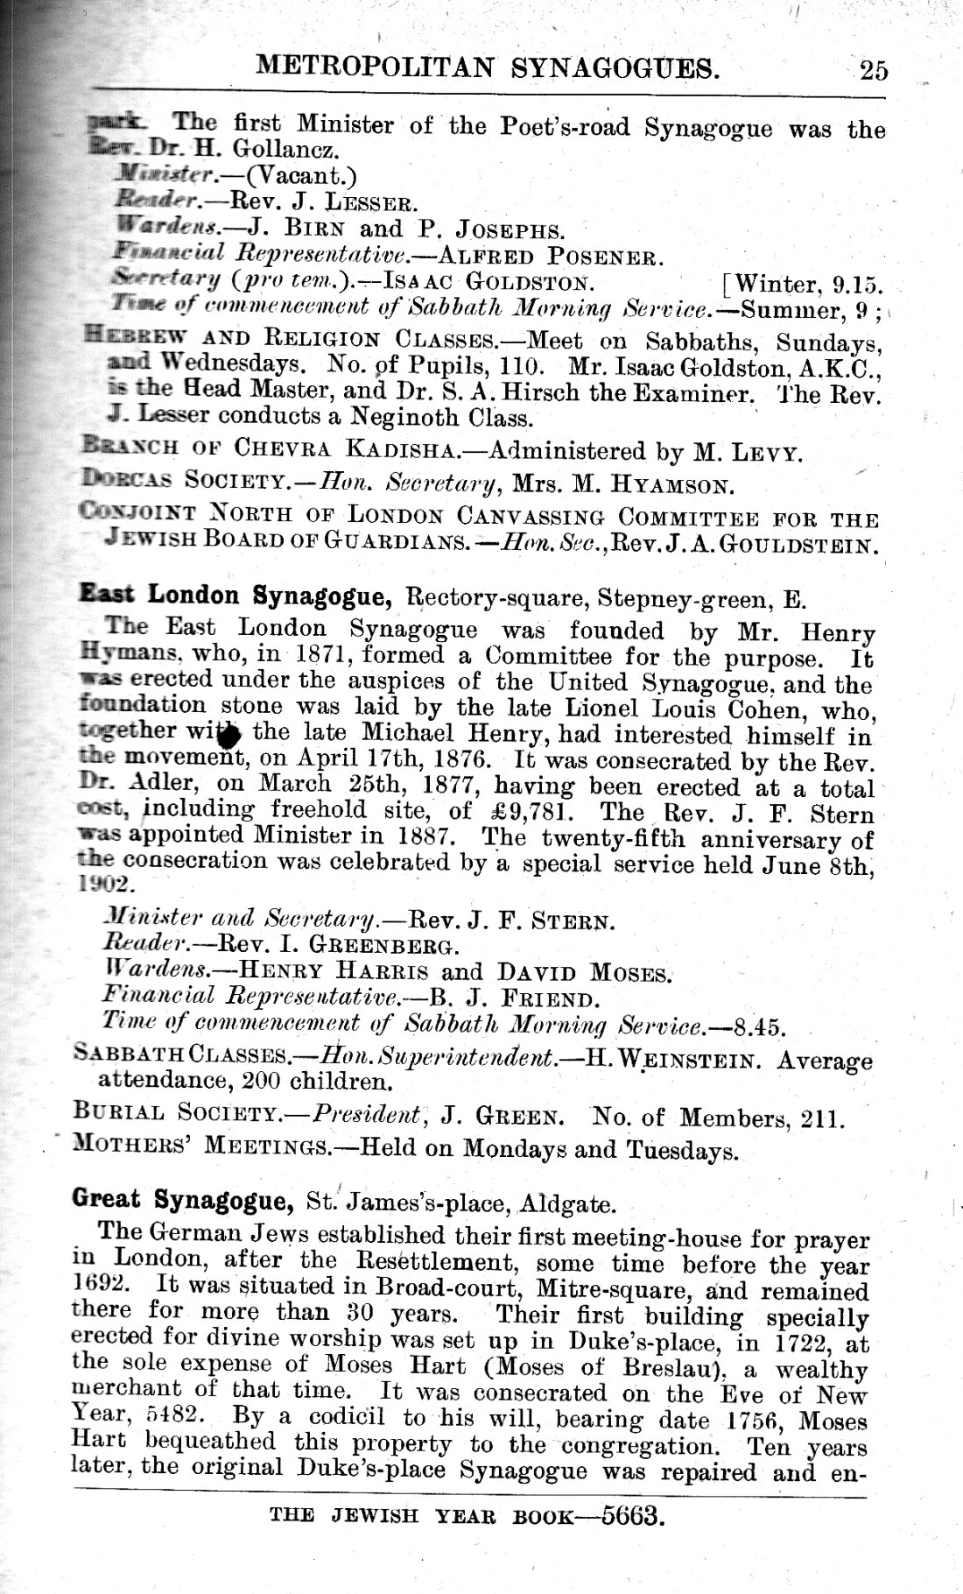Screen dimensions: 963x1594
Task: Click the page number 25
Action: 873,69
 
